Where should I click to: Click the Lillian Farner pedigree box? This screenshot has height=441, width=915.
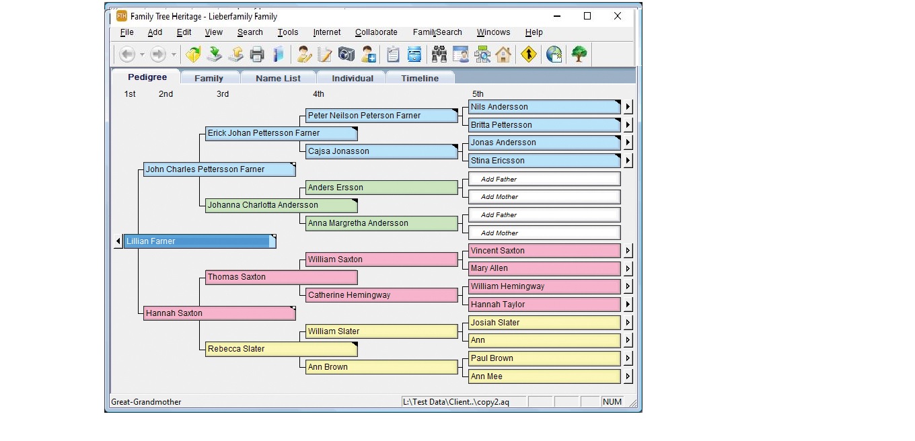click(x=200, y=241)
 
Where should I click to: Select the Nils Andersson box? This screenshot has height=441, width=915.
click(x=544, y=107)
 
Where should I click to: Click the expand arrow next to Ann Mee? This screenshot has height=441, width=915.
click(x=628, y=376)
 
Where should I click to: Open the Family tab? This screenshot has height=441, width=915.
click(x=209, y=78)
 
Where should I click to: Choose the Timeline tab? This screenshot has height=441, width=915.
click(x=420, y=78)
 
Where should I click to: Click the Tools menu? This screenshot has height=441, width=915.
click(x=288, y=32)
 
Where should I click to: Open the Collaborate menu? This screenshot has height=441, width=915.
click(x=376, y=32)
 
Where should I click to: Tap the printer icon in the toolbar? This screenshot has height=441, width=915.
click(x=257, y=54)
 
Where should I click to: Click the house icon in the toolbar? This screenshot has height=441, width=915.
click(x=503, y=54)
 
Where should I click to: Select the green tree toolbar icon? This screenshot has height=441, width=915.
click(x=579, y=54)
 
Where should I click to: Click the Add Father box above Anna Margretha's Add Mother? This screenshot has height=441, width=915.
click(x=544, y=214)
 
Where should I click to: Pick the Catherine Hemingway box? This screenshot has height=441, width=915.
click(x=381, y=295)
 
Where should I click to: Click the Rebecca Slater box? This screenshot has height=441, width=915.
click(x=281, y=349)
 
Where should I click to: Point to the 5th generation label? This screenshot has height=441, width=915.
click(x=478, y=94)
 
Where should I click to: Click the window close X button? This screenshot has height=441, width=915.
click(x=617, y=16)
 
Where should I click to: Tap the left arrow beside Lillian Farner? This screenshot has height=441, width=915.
click(x=118, y=241)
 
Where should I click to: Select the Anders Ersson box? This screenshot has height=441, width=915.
click(x=381, y=188)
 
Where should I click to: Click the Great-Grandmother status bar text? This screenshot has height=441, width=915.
click(x=146, y=402)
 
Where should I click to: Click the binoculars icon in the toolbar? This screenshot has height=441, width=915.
click(x=439, y=54)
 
